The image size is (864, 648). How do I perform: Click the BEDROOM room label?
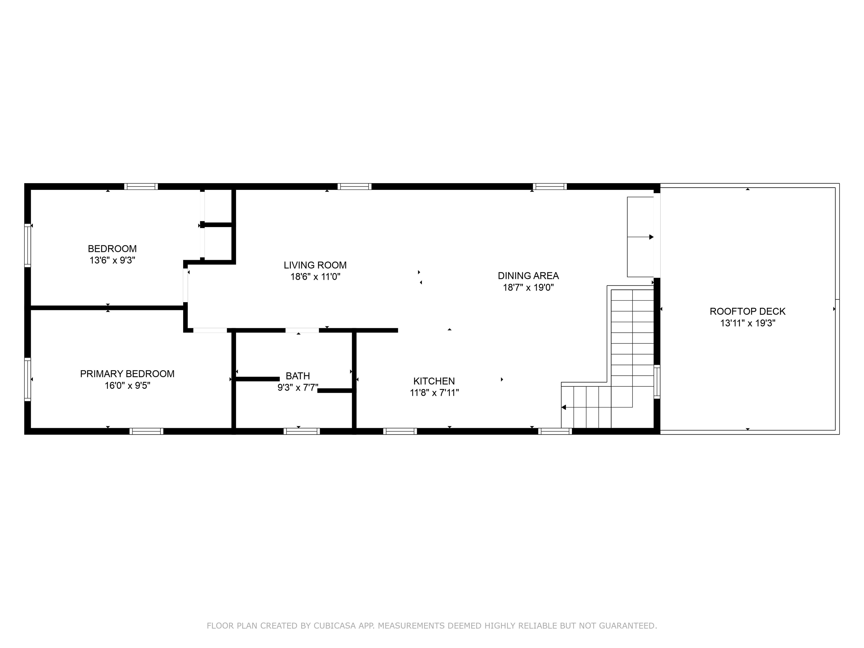[x=112, y=249]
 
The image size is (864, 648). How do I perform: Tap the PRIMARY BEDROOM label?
[x=127, y=374]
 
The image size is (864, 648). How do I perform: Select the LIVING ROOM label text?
[x=315, y=265]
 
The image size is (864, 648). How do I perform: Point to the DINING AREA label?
[x=528, y=276]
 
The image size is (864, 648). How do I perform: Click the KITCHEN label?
[x=434, y=381]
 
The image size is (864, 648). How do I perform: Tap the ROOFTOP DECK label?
[x=747, y=311]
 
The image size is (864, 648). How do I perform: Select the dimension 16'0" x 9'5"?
[x=127, y=385]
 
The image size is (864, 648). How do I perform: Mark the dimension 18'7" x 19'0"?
[x=528, y=288]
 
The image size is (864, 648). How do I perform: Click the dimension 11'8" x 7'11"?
[x=434, y=393]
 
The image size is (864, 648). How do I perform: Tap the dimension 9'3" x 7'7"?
[x=298, y=387]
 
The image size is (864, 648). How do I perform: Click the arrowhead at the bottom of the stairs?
[x=564, y=407]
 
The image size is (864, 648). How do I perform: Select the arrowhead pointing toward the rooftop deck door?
[x=651, y=237]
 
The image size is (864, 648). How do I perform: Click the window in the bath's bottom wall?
[x=301, y=431]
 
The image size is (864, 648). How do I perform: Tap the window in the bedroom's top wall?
[x=141, y=186]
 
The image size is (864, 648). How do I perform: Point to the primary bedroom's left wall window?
[x=27, y=379]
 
